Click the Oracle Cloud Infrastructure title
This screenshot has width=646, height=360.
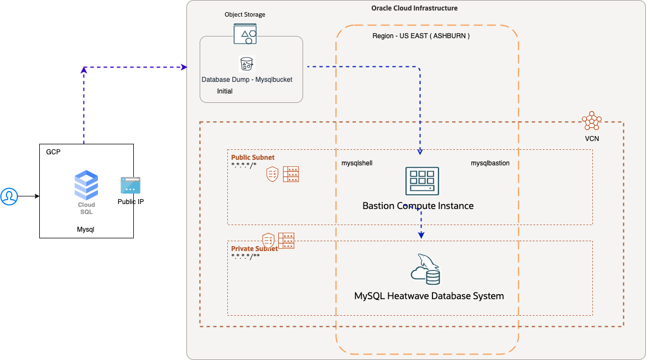(414, 8)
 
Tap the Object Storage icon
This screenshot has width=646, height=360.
(245, 34)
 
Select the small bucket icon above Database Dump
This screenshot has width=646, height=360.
(246, 63)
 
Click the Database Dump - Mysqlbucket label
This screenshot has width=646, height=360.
(247, 80)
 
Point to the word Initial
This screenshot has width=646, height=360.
(225, 91)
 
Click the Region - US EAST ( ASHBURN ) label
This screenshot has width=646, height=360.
(421, 36)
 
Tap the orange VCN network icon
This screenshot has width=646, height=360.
(591, 121)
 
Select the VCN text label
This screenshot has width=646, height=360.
(591, 139)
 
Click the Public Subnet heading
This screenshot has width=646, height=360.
(253, 157)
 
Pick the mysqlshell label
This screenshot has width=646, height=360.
(357, 163)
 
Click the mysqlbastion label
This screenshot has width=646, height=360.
(490, 163)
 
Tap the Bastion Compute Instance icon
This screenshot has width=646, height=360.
(422, 181)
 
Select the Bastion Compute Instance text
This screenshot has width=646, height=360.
(418, 206)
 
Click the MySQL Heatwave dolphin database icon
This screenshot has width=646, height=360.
(425, 269)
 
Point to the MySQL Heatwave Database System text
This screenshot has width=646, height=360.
(429, 296)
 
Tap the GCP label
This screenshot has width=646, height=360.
(53, 152)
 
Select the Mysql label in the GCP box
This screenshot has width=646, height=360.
(86, 229)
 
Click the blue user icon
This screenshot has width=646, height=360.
(9, 196)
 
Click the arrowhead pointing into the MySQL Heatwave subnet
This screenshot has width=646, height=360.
(421, 236)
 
